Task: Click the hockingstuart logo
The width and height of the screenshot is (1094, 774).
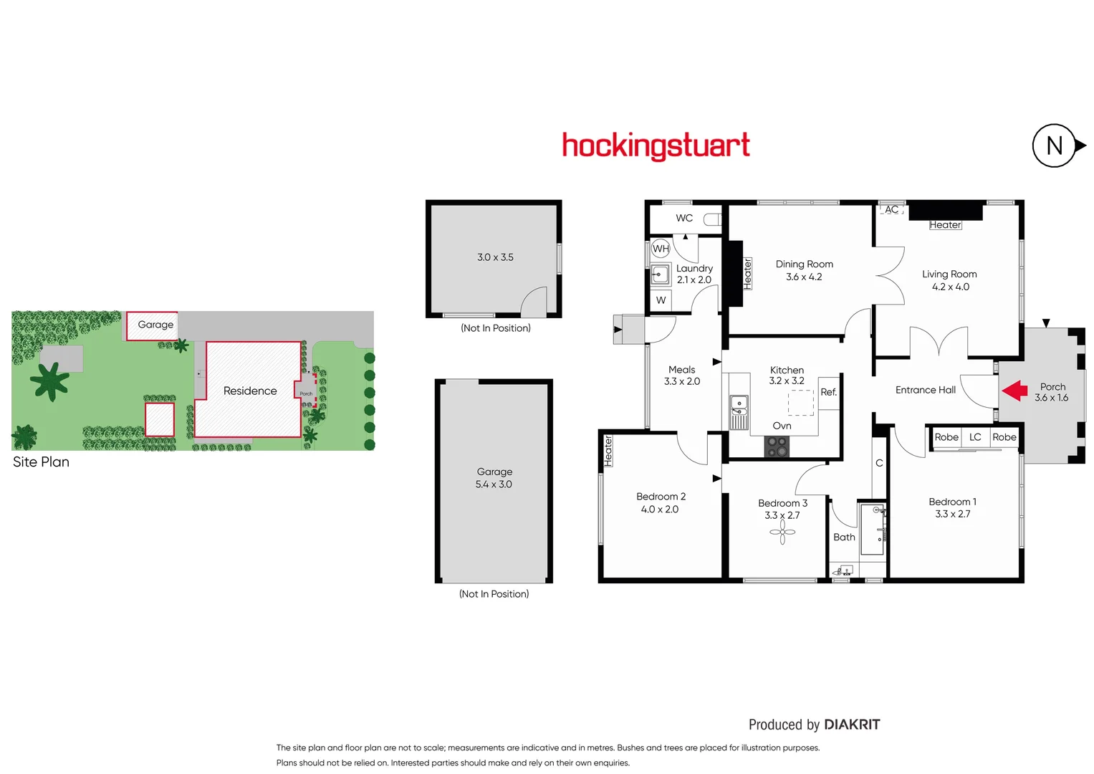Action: point(656,145)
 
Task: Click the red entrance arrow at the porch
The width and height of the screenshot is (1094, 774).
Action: point(1014,391)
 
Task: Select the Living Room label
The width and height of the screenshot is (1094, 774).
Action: point(949,274)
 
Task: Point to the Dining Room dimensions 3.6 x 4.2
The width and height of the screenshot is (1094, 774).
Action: point(804,277)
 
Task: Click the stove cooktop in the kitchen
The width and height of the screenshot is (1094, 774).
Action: point(777,446)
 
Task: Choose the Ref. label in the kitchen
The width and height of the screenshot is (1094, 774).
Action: point(829,392)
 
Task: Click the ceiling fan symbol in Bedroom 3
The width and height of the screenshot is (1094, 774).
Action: point(782,531)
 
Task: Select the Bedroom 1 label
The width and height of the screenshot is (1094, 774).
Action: point(952,502)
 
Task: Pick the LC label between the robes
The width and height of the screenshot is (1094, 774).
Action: point(975,437)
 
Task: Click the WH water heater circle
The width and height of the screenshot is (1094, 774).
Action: point(661,249)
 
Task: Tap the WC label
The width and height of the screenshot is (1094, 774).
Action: point(684,218)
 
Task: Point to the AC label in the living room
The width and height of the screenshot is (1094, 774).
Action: point(891,209)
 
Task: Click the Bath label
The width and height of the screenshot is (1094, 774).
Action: point(844,537)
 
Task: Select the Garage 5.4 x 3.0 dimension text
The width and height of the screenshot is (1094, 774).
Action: point(494,484)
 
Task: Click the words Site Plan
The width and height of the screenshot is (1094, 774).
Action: point(41,462)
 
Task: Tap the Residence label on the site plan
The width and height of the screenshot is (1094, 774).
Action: point(250,391)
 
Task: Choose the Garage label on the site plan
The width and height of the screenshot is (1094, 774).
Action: point(155,325)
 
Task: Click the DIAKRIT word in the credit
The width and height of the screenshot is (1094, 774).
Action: point(852,725)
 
